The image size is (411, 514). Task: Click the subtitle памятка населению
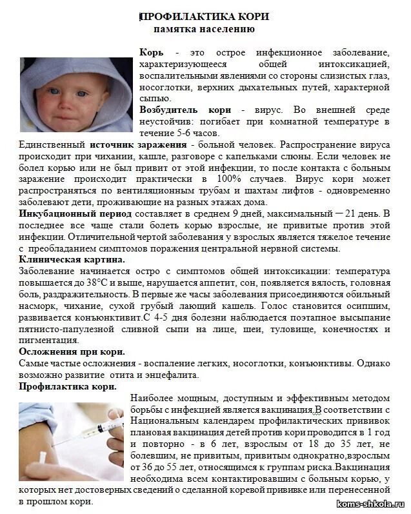click(x=204, y=29)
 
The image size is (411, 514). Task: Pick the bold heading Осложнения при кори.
click(x=72, y=351)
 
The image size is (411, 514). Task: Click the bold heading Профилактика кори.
click(x=68, y=386)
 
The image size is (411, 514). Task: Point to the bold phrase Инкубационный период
click(x=75, y=213)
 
